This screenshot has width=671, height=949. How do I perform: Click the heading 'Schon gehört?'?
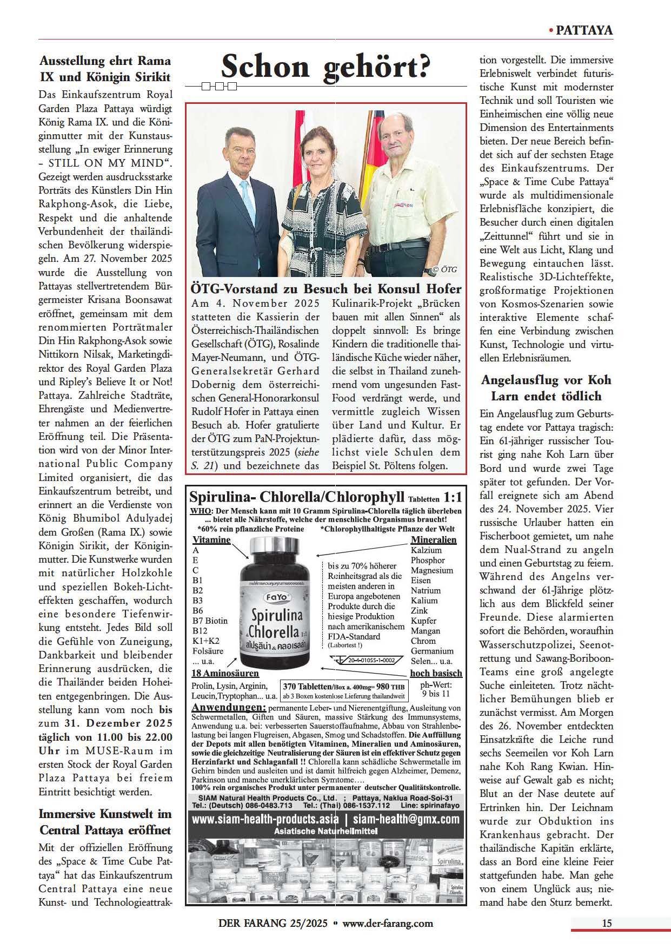[325, 67]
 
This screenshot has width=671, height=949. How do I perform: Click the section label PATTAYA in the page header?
[584, 30]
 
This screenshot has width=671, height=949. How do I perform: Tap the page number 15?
[607, 922]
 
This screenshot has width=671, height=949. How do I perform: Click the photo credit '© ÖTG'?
[444, 269]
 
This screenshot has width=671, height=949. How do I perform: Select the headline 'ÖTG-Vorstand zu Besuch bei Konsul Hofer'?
[326, 288]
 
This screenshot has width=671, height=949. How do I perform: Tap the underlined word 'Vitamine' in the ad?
[211, 539]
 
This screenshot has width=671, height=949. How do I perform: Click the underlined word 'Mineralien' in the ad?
[434, 539]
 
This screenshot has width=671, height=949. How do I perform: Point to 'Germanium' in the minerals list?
[432, 651]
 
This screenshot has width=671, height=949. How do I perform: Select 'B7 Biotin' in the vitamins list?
[210, 621]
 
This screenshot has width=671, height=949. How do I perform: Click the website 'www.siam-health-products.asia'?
[265, 819]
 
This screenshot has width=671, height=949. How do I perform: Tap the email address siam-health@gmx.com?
[406, 819]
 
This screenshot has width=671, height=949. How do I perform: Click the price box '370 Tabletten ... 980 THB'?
[343, 689]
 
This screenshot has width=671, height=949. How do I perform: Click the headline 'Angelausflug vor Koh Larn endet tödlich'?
[546, 387]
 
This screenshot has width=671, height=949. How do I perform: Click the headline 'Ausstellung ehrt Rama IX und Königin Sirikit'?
[105, 68]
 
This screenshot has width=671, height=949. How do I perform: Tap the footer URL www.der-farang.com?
[388, 923]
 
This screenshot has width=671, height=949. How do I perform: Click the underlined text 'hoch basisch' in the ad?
[436, 673]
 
